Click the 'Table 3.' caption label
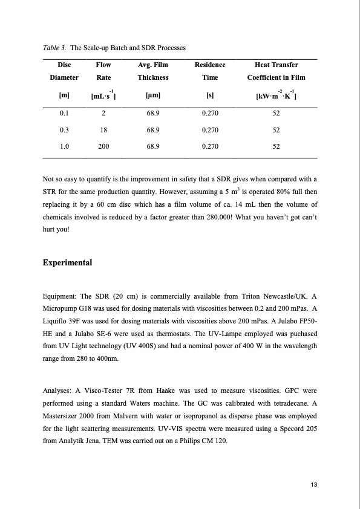pyautogui.click(x=54, y=47)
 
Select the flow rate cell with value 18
pyautogui.click(x=103, y=129)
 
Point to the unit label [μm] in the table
pyautogui.click(x=152, y=96)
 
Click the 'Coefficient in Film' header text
pyautogui.click(x=276, y=77)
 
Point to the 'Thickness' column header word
pyautogui.click(x=152, y=77)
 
